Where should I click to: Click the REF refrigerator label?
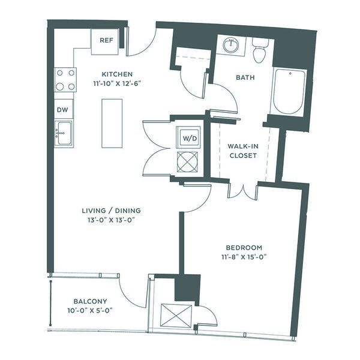pyautogui.click(x=107, y=40)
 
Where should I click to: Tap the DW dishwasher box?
pyautogui.click(x=64, y=109)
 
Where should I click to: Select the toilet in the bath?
pyautogui.click(x=260, y=51)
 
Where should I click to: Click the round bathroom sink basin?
pyautogui.click(x=232, y=46)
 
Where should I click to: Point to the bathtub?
pyautogui.click(x=289, y=91)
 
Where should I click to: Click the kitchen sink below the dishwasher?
pyautogui.click(x=64, y=133)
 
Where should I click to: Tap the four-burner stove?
pyautogui.click(x=65, y=80)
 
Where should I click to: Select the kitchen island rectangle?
pyautogui.click(x=112, y=123)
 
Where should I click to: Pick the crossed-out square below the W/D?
pyautogui.click(x=187, y=161)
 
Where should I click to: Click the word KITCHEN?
pyautogui.click(x=117, y=74)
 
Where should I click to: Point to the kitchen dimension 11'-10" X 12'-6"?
pyautogui.click(x=117, y=83)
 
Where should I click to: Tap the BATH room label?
pyautogui.click(x=245, y=77)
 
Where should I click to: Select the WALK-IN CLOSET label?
pyautogui.click(x=243, y=151)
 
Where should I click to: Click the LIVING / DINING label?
pyautogui.click(x=112, y=211)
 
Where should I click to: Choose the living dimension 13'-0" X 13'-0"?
pyautogui.click(x=110, y=220)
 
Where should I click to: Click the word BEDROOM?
pyautogui.click(x=244, y=248)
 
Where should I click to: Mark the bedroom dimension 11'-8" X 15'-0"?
pyautogui.click(x=244, y=257)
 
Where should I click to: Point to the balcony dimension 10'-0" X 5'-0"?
pyautogui.click(x=90, y=311)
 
